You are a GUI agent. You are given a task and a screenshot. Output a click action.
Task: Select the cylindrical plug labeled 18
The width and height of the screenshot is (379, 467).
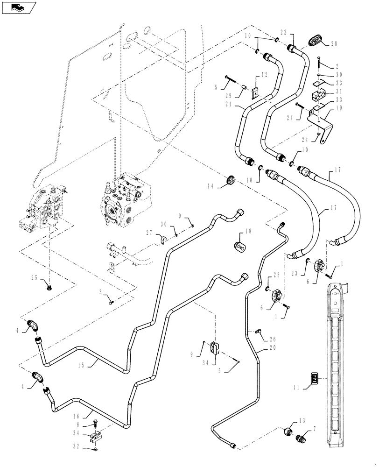click(239, 246)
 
